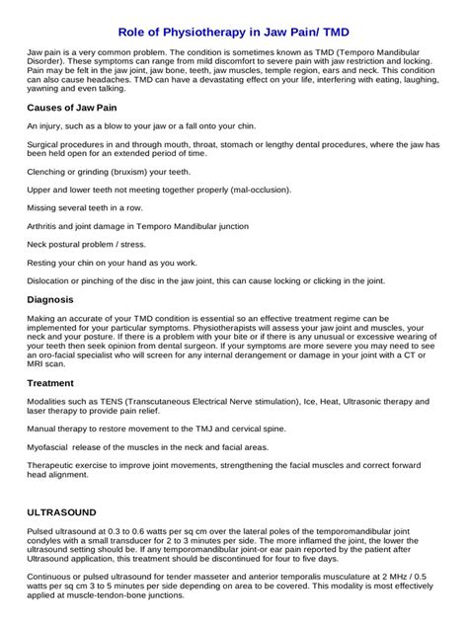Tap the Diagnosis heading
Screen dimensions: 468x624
pos(50,298)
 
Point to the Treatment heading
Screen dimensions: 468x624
pos(51,381)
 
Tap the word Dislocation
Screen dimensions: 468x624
pos(49,280)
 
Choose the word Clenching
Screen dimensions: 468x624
pos(46,170)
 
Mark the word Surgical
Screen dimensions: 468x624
pos(43,144)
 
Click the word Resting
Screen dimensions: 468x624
pos(42,263)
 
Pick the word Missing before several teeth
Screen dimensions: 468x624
pos(42,207)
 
